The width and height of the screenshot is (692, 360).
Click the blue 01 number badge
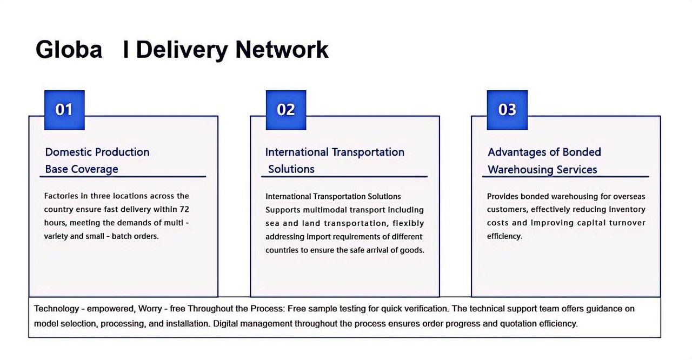click(x=64, y=110)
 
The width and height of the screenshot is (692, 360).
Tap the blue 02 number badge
click(x=286, y=110)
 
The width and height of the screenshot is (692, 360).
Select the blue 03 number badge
click(x=507, y=110)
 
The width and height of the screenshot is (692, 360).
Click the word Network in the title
click(x=282, y=49)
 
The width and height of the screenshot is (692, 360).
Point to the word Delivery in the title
click(x=182, y=50)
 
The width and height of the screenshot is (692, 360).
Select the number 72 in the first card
click(x=184, y=209)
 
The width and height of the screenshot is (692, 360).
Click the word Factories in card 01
click(x=61, y=196)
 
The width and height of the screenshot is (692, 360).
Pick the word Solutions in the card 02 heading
click(x=291, y=169)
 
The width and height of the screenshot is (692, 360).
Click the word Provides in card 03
click(x=502, y=196)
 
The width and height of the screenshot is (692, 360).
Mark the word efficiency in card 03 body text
click(x=504, y=237)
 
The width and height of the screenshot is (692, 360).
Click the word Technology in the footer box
click(x=57, y=309)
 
